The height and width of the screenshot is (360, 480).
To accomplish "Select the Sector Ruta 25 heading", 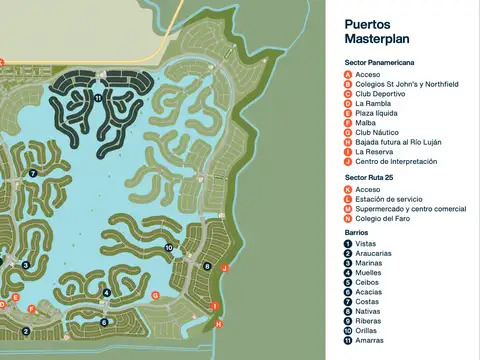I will tap(369, 177).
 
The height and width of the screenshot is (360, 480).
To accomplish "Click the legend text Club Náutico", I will tap(376, 132).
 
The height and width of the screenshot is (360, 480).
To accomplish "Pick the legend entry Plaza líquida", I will tap(379, 113).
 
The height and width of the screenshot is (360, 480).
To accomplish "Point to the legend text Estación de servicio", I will tap(389, 198).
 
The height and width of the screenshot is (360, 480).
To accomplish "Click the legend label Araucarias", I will tap(374, 253).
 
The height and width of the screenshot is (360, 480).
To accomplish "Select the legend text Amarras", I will tap(371, 340).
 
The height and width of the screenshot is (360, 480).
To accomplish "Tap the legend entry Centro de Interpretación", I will tap(398, 161).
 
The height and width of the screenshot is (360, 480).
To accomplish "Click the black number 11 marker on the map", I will tap(98, 98).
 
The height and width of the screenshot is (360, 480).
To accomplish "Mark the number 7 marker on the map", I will tap(33, 173).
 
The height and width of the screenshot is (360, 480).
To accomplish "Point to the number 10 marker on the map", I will tap(169, 247).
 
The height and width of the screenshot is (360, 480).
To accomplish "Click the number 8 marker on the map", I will tap(207, 266).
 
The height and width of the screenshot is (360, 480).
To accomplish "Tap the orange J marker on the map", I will tap(225, 268).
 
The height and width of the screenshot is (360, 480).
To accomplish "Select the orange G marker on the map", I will tap(155, 295).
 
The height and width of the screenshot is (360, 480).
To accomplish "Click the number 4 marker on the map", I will tap(106, 293).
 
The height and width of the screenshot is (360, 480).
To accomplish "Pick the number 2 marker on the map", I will tap(26, 331).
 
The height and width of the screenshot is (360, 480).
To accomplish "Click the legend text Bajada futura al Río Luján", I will tap(398, 142).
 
